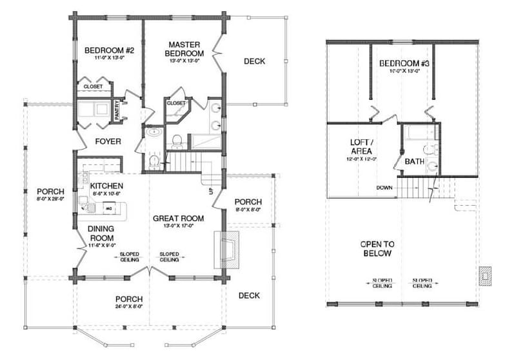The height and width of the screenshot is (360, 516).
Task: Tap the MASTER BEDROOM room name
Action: [183, 49]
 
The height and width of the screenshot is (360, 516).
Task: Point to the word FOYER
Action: [108, 141]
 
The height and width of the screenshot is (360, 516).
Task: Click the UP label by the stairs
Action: [210, 192]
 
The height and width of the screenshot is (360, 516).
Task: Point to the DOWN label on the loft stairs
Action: [384, 188]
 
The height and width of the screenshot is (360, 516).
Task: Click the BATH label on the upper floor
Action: [414, 161]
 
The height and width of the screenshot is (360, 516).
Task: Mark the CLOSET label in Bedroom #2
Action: [93, 86]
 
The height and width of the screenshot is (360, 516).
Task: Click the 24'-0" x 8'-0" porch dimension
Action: [129, 307]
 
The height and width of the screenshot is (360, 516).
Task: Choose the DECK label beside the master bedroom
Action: [254, 61]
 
